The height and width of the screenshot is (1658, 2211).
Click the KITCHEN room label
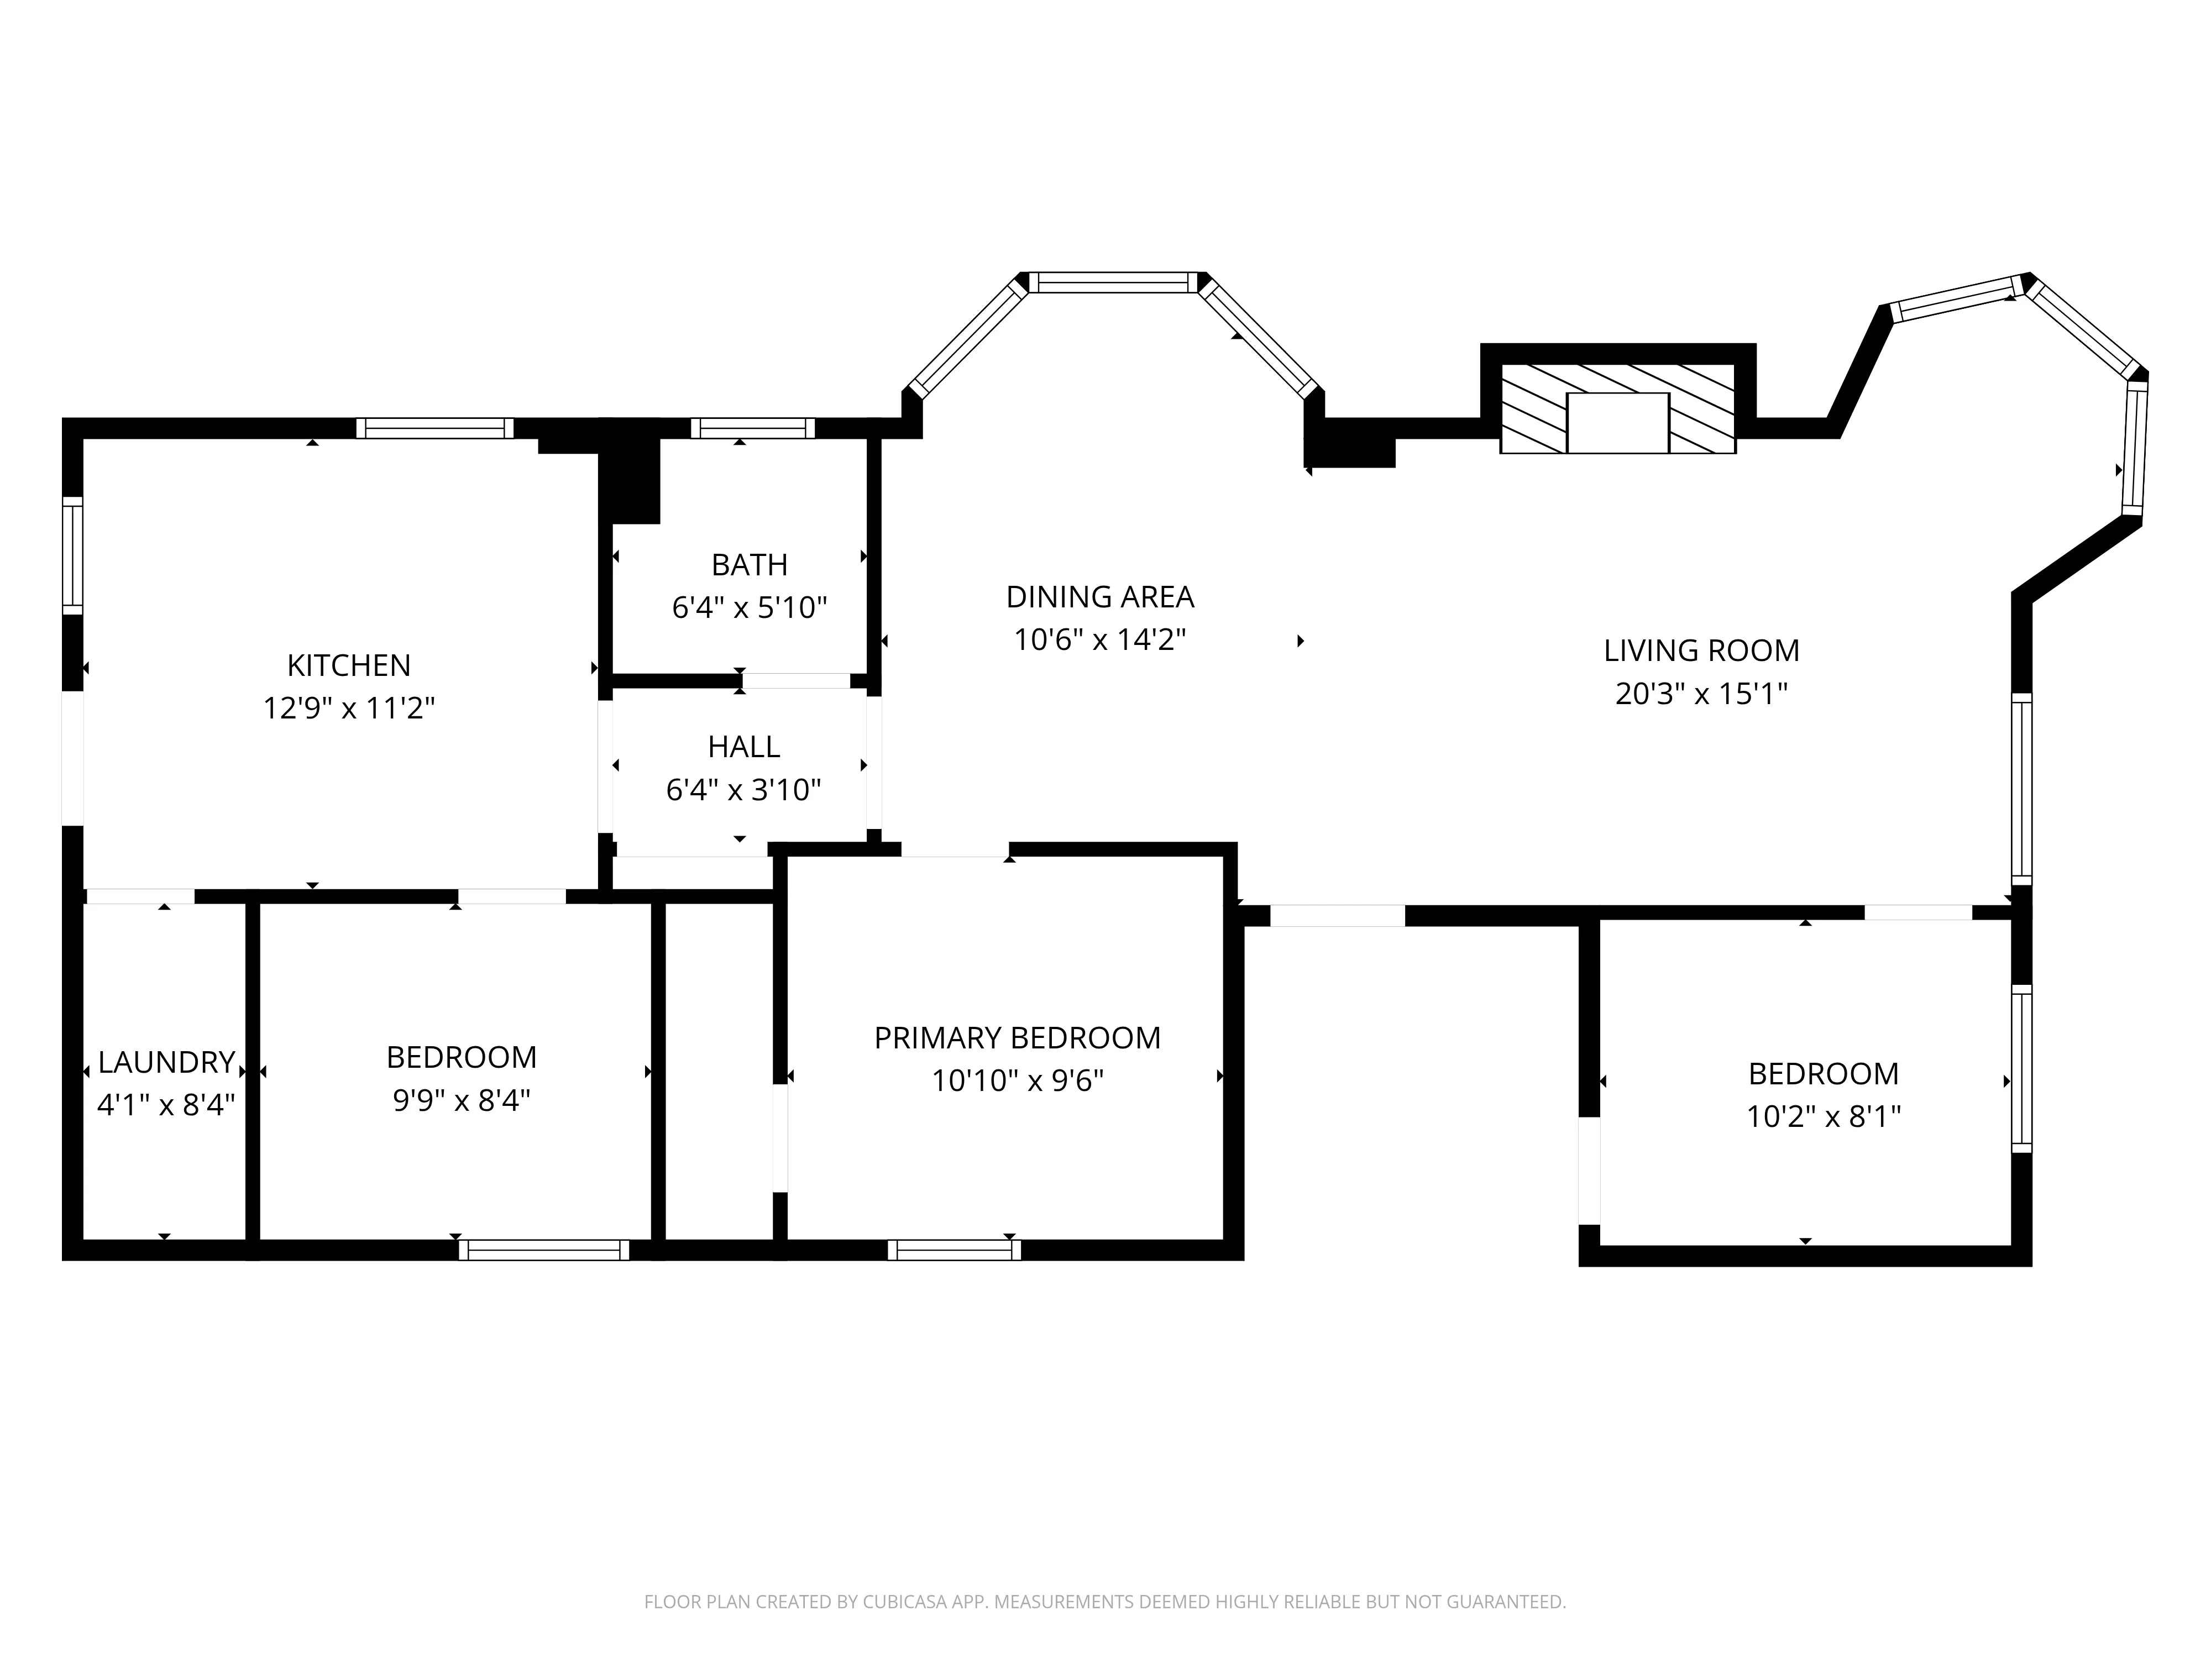tap(349, 665)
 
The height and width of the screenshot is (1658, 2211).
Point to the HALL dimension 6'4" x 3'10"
tap(743, 790)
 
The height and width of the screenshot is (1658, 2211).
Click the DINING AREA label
tap(1099, 597)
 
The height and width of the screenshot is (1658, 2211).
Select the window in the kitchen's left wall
tap(72, 555)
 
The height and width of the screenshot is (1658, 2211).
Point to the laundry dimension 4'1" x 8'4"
tap(166, 1104)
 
